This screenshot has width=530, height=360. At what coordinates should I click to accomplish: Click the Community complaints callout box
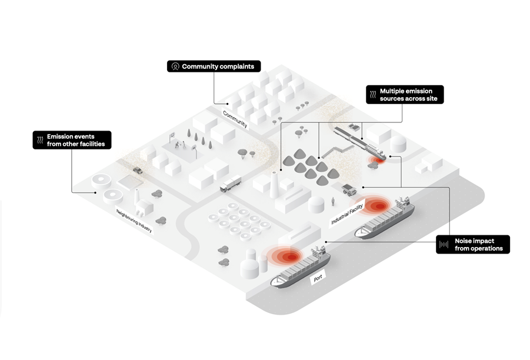click(214, 66)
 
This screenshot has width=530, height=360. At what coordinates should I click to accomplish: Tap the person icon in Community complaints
click(175, 66)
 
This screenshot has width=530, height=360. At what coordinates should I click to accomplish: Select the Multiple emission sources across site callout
click(405, 95)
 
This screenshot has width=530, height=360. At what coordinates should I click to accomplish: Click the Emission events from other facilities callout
click(71, 140)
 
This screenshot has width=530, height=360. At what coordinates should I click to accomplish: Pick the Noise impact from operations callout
click(474, 245)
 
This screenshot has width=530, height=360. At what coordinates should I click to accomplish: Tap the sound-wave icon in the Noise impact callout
click(445, 245)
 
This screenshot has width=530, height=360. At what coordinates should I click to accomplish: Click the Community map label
click(235, 119)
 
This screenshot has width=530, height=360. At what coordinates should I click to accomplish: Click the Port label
click(318, 278)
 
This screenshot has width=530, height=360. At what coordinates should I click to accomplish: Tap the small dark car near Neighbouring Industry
click(138, 170)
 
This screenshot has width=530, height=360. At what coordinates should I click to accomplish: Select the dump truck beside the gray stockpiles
click(349, 189)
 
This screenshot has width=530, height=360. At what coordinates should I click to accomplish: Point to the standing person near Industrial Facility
click(333, 202)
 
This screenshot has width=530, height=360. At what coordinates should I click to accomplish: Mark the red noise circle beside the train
click(374, 161)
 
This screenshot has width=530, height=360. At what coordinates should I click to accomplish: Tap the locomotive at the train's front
click(376, 152)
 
